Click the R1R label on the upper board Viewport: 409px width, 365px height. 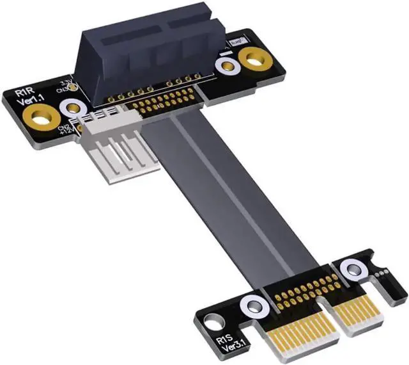click(24, 94)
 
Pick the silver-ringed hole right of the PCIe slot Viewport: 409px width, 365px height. click(225, 65)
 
